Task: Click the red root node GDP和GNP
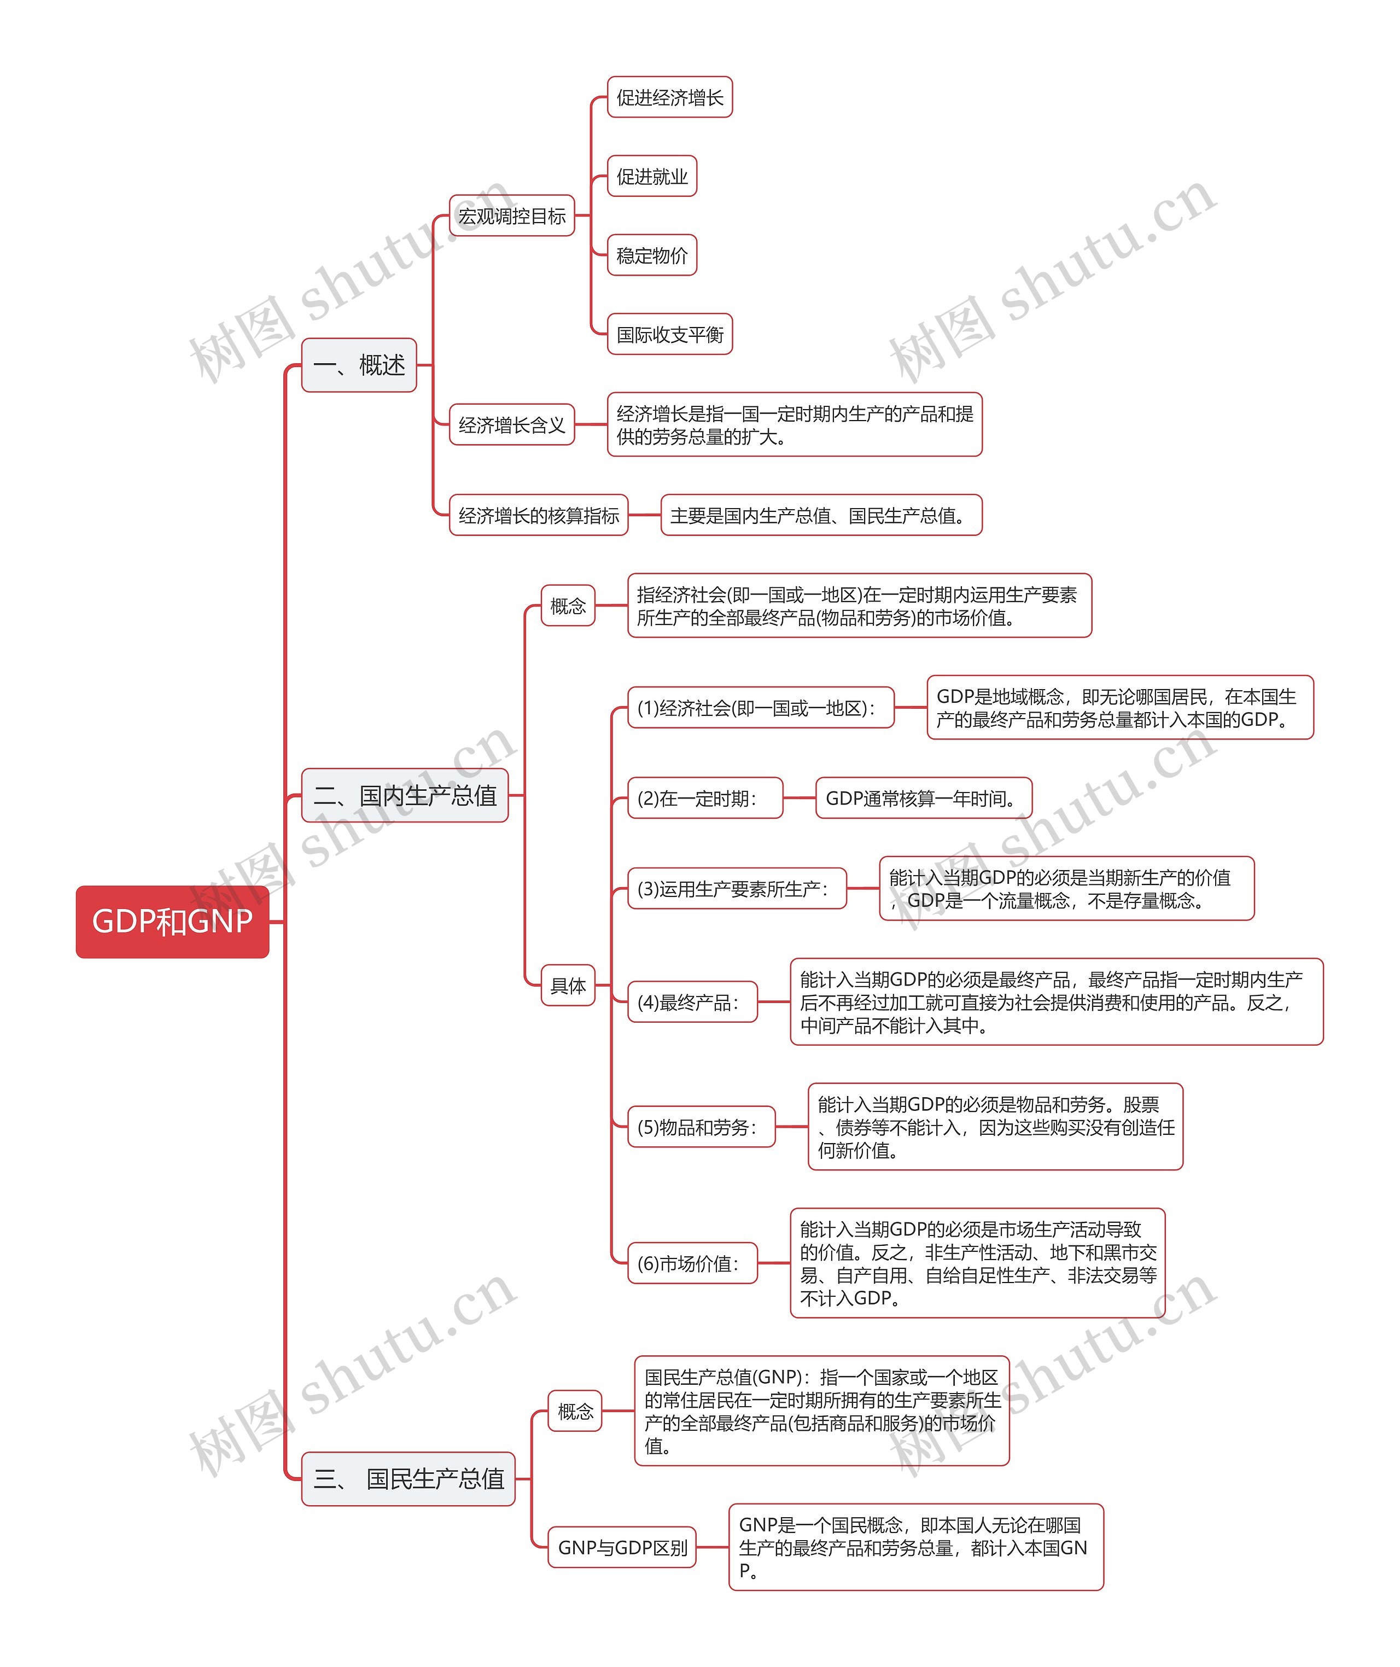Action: coord(172,922)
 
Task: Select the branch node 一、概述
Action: coord(359,365)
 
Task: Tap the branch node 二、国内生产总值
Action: coord(405,795)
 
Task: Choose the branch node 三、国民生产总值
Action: coord(408,1479)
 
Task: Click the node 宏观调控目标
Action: coord(512,216)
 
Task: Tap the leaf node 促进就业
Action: coord(651,176)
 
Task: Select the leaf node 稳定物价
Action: coord(651,255)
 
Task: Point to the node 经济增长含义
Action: coord(512,425)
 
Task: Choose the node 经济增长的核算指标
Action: coord(539,515)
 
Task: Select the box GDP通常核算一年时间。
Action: coord(924,798)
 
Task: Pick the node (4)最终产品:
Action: coord(692,1002)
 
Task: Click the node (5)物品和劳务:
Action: coord(701,1127)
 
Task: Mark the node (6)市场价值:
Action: coord(692,1263)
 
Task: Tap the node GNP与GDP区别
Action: coord(622,1547)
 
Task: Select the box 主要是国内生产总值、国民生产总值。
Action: coord(821,515)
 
